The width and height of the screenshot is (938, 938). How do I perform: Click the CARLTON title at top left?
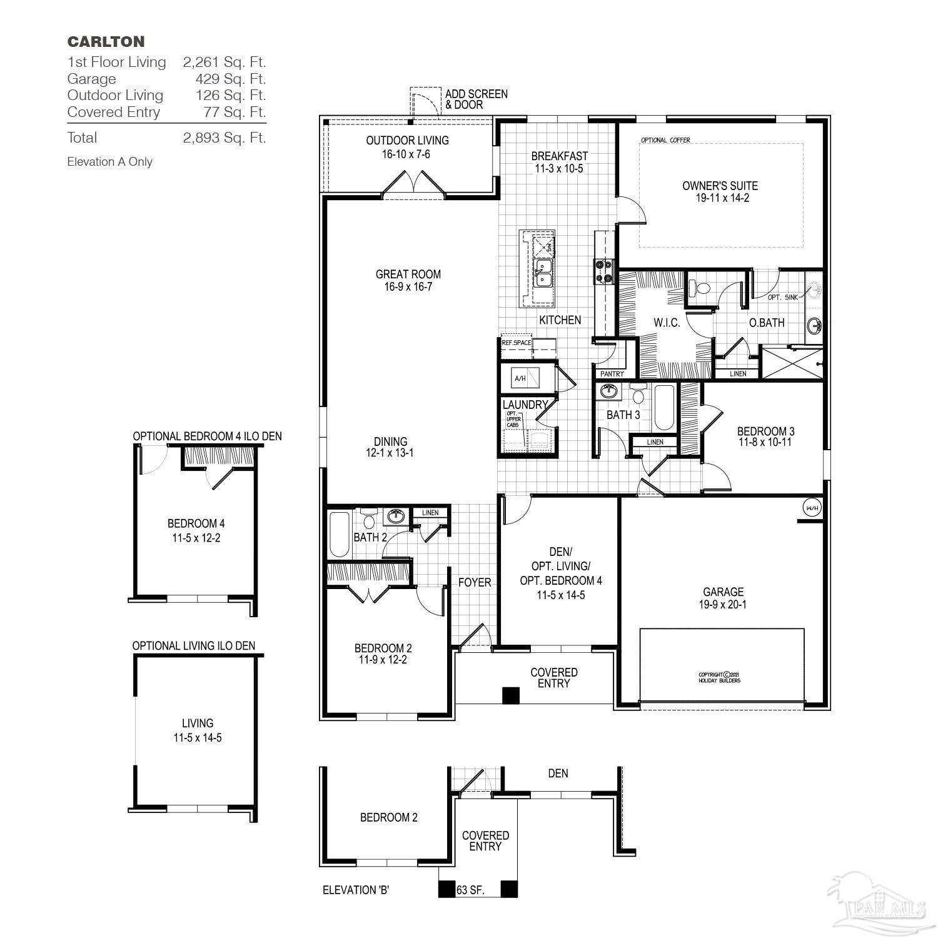(x=106, y=42)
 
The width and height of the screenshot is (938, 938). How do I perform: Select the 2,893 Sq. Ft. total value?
(x=224, y=138)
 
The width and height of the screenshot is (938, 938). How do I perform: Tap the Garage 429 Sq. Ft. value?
(x=230, y=79)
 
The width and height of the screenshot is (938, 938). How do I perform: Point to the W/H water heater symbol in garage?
(x=812, y=508)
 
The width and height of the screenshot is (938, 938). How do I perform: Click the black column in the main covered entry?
(x=512, y=695)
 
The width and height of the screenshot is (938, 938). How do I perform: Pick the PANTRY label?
(x=612, y=374)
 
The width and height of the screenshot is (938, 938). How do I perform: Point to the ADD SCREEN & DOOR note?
(x=476, y=99)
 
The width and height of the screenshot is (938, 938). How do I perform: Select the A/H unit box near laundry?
(x=520, y=378)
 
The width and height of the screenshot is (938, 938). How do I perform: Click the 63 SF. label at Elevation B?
(x=471, y=889)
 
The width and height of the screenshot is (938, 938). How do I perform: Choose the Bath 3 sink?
(x=607, y=392)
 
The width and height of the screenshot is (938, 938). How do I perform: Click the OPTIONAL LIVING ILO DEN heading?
(x=193, y=645)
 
